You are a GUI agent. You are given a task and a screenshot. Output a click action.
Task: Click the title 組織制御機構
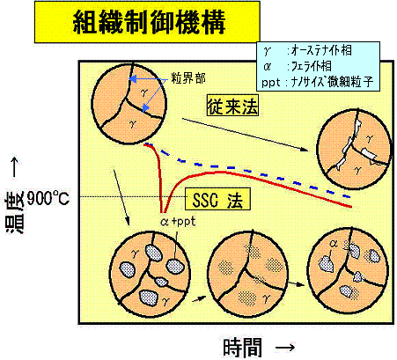149,22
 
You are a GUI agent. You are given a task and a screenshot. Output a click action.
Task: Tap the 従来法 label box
232,105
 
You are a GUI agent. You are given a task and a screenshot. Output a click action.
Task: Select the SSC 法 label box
217,200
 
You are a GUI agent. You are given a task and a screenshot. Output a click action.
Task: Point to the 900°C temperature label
48,199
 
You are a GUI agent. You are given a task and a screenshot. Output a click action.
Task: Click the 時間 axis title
242,348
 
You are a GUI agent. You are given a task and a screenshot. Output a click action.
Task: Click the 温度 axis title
14,213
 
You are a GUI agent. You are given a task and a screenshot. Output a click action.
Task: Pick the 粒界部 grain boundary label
188,78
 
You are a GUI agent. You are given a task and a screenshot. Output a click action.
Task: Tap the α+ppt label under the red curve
178,222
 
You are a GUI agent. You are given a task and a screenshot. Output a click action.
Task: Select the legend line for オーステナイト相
307,51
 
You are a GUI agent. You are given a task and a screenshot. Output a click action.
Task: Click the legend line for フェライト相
298,66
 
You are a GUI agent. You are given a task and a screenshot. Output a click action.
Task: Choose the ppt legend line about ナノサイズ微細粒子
318,82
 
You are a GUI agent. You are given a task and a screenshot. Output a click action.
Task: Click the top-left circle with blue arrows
129,103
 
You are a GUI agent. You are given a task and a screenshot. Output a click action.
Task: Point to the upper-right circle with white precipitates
354,150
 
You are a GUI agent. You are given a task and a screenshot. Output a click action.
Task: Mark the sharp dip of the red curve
163,212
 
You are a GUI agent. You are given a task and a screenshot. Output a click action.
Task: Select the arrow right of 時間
285,348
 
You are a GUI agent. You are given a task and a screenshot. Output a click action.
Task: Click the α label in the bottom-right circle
334,243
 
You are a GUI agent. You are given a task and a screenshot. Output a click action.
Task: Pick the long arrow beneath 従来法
245,135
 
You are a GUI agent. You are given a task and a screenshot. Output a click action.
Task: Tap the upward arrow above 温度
15,167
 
